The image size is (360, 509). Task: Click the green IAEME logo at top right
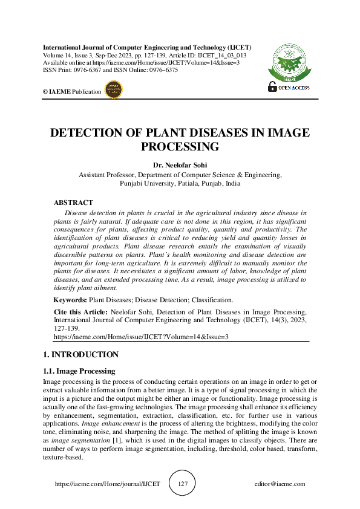click(x=289, y=61)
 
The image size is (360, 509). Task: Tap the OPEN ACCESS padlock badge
click(x=289, y=87)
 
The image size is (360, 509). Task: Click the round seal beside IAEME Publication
click(x=114, y=91)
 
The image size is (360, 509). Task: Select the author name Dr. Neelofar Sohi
click(x=180, y=164)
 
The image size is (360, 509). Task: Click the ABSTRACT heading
click(x=73, y=203)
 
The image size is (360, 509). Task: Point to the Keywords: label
click(x=70, y=300)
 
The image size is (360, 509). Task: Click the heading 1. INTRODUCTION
click(x=80, y=355)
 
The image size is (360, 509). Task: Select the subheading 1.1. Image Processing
click(x=79, y=371)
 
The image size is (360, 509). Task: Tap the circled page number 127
click(x=183, y=484)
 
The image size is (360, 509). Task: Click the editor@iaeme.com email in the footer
click(x=280, y=484)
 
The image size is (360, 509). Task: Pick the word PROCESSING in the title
click(x=180, y=147)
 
